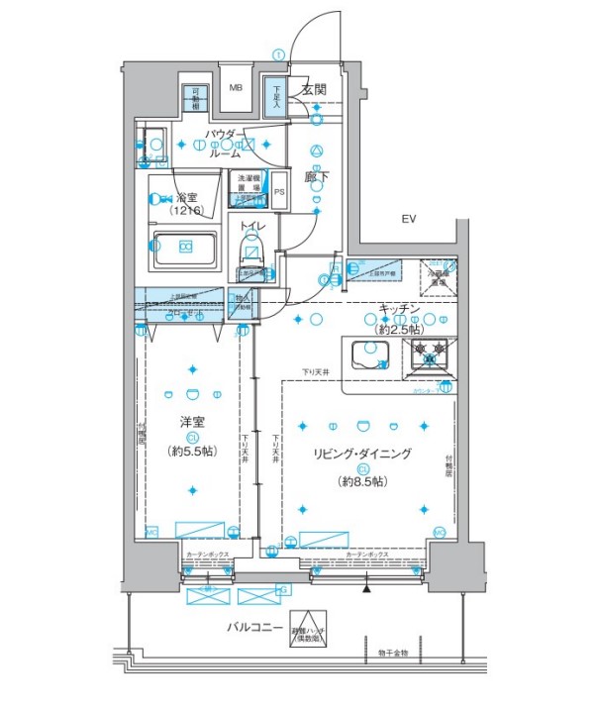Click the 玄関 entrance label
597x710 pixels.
click(314, 89)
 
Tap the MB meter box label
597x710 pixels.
click(236, 88)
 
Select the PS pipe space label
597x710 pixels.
click(279, 193)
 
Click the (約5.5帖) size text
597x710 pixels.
click(193, 451)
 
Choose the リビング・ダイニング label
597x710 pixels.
click(362, 454)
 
